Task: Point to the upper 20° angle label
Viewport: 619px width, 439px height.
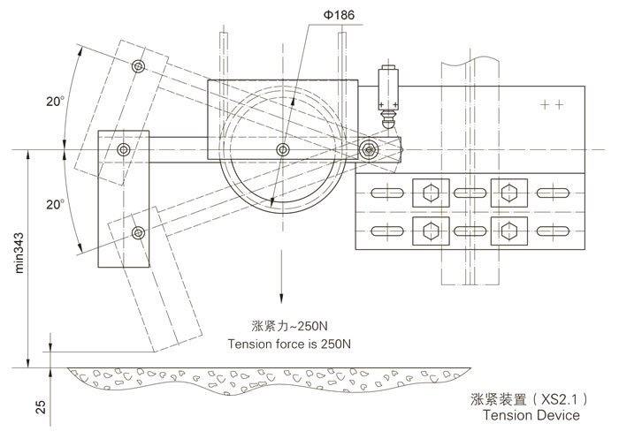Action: [x=56, y=102]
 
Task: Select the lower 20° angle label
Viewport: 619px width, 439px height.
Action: [x=56, y=204]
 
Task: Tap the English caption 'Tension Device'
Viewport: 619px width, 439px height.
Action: [x=531, y=414]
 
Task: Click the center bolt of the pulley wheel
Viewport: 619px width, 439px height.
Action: [x=282, y=148]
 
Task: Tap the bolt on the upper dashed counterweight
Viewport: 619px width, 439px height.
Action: [x=137, y=67]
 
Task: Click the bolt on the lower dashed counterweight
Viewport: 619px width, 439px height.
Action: [x=137, y=232]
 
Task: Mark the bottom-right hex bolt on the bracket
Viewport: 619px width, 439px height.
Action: [x=507, y=231]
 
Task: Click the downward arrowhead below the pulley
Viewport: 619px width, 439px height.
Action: [x=282, y=303]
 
